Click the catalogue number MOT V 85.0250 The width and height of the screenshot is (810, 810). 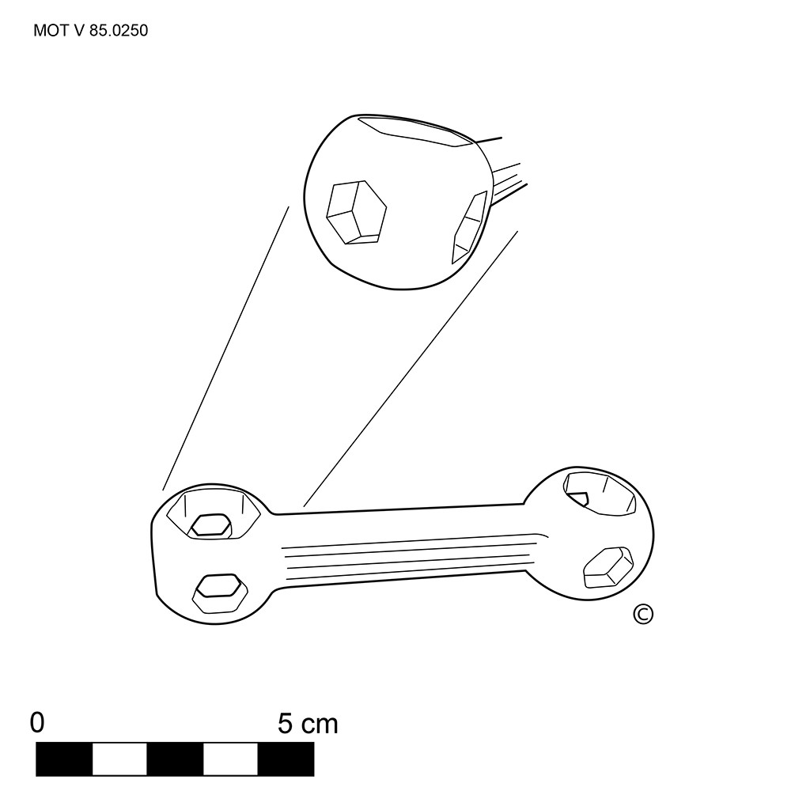click(x=90, y=31)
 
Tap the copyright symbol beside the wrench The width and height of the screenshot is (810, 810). click(x=643, y=614)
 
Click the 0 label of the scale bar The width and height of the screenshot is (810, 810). click(x=37, y=722)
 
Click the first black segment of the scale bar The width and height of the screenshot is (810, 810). click(x=64, y=759)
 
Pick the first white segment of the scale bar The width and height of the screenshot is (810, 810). click(x=120, y=759)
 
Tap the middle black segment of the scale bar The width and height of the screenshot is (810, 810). click(x=175, y=759)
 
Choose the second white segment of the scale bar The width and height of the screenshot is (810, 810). click(x=230, y=759)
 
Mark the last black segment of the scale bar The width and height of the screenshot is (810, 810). click(x=286, y=759)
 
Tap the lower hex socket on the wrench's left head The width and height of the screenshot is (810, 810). click(x=220, y=593)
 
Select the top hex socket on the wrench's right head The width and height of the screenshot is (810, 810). click(x=600, y=494)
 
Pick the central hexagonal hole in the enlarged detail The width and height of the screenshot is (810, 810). click(x=357, y=212)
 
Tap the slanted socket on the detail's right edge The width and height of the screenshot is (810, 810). click(x=469, y=227)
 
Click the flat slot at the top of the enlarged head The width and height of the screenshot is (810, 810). click(x=415, y=131)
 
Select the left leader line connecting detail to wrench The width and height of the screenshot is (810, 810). click(x=225, y=348)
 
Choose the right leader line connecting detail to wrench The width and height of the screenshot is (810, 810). click(x=411, y=369)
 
